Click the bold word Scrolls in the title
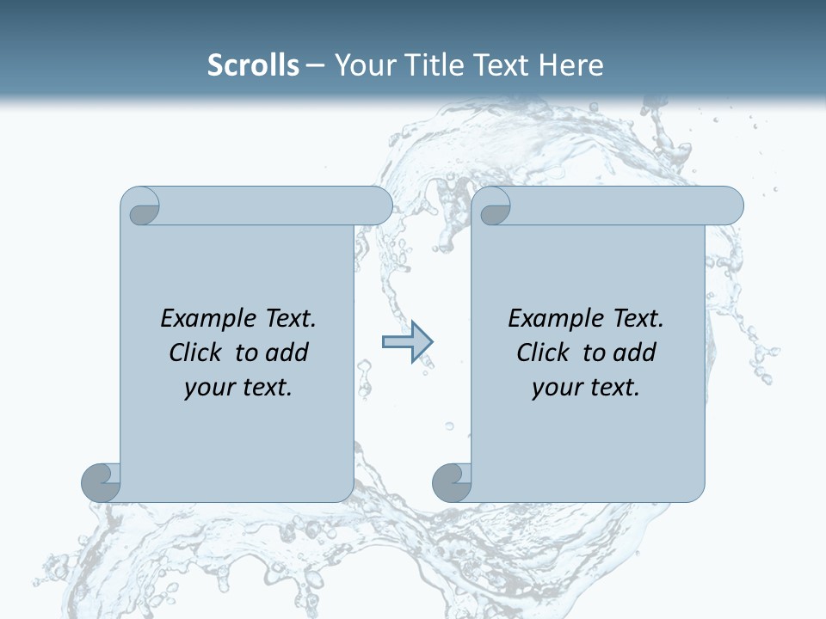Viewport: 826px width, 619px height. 253,64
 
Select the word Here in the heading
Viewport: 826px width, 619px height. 570,64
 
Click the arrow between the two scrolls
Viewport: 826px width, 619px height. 407,342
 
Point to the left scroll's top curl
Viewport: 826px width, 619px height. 141,206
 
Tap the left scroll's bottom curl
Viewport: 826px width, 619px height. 101,482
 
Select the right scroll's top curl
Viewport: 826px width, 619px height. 494,206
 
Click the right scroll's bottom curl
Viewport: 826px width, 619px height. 452,482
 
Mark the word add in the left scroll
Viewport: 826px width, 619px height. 287,352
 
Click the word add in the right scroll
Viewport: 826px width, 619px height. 634,352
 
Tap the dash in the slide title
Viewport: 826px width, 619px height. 315,65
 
